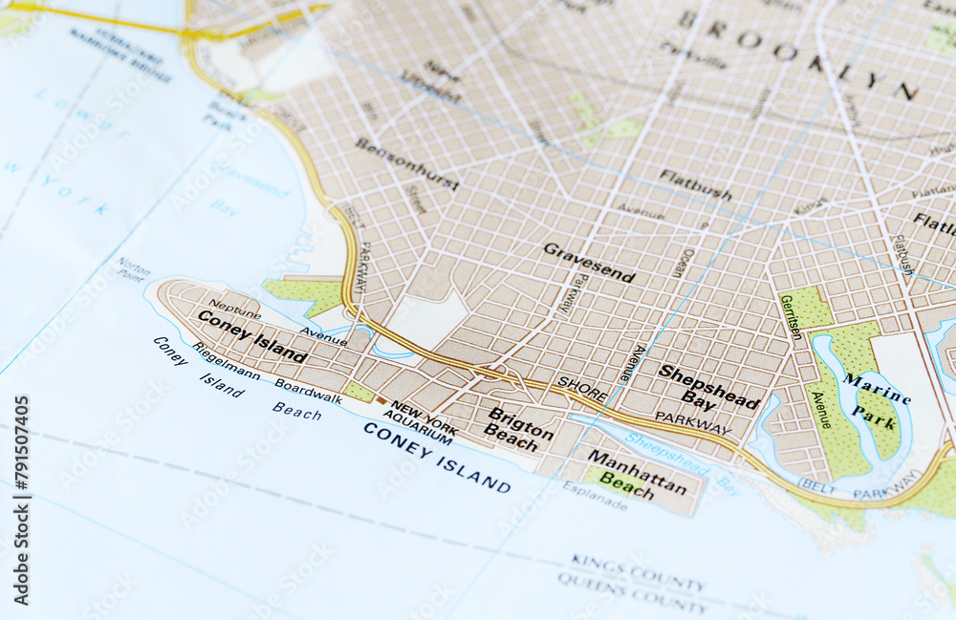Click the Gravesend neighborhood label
point(589,263)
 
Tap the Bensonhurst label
point(406,162)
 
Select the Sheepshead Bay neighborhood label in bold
point(708,387)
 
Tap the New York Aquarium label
point(421,421)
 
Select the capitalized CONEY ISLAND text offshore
point(436,457)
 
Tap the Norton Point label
point(133,268)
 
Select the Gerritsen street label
point(790,317)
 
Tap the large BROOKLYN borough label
point(798,55)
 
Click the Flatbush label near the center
point(695,184)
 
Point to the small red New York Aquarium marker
point(381,401)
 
